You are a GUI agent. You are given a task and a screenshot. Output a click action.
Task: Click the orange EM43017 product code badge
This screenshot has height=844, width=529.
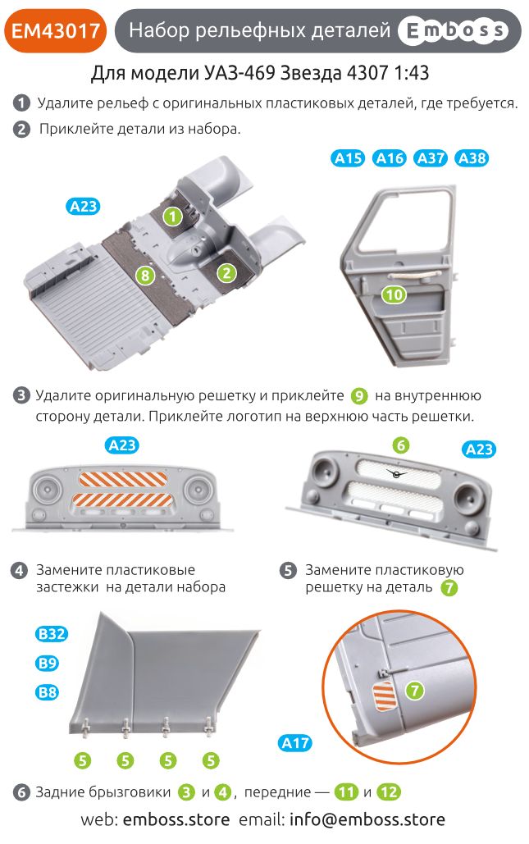pyautogui.click(x=56, y=31)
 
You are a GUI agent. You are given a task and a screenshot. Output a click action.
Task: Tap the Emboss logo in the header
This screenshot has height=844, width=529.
pyautogui.click(x=452, y=31)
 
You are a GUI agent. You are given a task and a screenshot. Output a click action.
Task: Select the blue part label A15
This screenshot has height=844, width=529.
pyautogui.click(x=349, y=158)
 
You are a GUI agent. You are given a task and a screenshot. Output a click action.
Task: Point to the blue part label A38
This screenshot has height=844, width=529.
pyautogui.click(x=472, y=158)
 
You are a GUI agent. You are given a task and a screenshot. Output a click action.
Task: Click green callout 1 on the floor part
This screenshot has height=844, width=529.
pyautogui.click(x=171, y=217)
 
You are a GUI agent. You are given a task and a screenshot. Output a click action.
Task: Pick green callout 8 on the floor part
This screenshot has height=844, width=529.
pyautogui.click(x=145, y=276)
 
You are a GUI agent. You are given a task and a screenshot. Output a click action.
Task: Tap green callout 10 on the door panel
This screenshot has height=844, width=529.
pyautogui.click(x=394, y=294)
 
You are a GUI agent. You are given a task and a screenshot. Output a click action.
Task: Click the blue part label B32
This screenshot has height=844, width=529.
pyautogui.click(x=51, y=634)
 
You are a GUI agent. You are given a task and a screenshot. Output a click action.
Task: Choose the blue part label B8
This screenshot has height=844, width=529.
pyautogui.click(x=48, y=693)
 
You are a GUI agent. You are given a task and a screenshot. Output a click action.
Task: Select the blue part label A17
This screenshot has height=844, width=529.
pyautogui.click(x=295, y=743)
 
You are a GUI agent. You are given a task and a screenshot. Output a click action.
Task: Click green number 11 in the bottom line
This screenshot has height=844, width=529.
pyautogui.click(x=346, y=792)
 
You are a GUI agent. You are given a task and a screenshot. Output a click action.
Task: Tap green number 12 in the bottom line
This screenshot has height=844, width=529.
pyautogui.click(x=390, y=792)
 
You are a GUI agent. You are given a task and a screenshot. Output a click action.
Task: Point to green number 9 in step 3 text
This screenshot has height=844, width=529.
pyautogui.click(x=359, y=396)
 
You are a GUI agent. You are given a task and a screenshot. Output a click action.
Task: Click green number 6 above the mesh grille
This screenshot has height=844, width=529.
pyautogui.click(x=400, y=445)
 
